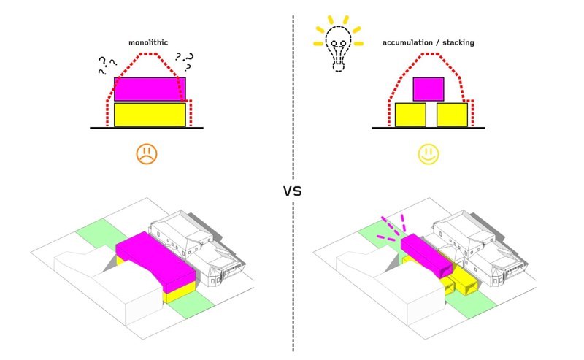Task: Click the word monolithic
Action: coord(148,42)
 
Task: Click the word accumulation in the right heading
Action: coord(407,42)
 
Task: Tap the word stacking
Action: coord(458,42)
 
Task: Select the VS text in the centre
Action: coord(293,191)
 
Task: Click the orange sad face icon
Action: coord(147,153)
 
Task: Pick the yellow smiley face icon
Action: coord(429,154)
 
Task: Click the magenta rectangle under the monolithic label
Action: coord(150,89)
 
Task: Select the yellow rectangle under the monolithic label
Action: coord(150,115)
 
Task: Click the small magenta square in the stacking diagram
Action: coord(429,89)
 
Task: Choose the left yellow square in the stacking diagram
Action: coord(410,115)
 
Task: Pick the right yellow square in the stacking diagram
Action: coord(452,115)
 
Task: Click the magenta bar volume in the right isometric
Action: coord(427,256)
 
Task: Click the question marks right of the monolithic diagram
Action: coord(185,61)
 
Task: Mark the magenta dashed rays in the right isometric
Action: coord(391,228)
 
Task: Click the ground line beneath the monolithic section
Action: coord(147,128)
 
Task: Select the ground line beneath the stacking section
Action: coord(429,128)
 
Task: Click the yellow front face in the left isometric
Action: coord(181,292)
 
